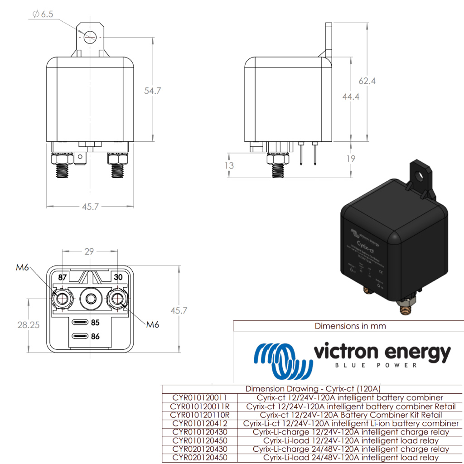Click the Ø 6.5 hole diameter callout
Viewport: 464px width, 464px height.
[43, 14]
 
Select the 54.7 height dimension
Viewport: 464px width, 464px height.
[153, 91]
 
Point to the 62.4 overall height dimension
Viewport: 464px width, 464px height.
[367, 81]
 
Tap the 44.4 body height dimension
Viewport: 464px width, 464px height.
[351, 97]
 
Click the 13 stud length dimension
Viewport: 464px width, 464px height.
[230, 165]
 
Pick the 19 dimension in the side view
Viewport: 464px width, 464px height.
[351, 159]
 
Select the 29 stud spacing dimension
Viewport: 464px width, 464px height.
[89, 251]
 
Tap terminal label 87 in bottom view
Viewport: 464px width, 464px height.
[62, 276]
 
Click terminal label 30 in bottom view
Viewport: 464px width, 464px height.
[119, 276]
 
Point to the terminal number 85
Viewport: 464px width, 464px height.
[95, 323]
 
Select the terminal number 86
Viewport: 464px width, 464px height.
[95, 337]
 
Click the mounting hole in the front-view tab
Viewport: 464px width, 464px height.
[90, 37]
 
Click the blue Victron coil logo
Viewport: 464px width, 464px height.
[283, 361]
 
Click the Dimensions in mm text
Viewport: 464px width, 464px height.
[350, 326]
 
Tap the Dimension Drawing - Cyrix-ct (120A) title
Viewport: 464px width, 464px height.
[313, 389]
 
